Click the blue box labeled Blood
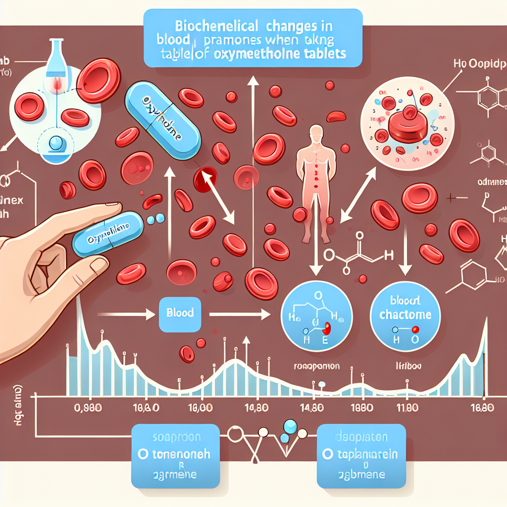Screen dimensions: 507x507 coord(180,313)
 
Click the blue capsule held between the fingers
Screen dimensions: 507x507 coord(107,234)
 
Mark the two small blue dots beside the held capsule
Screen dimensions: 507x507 coord(155,218)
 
